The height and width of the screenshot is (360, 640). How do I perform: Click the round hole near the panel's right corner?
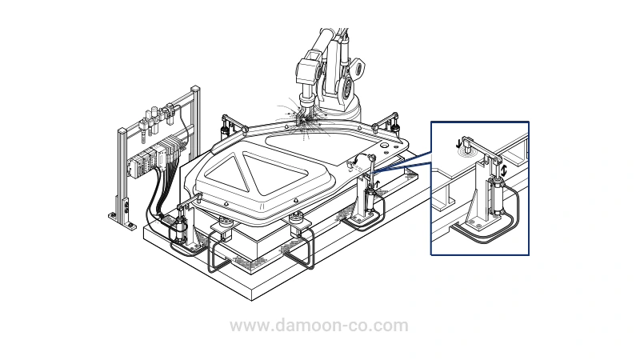[x=385, y=145]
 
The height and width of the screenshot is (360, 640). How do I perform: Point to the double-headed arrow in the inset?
[x=504, y=170]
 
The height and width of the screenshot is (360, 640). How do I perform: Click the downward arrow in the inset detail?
[x=459, y=143]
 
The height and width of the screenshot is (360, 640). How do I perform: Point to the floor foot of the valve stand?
[x=122, y=221]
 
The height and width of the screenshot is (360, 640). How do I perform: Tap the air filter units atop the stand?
[x=157, y=119]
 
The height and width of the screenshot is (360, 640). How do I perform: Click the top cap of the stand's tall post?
[x=195, y=88]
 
